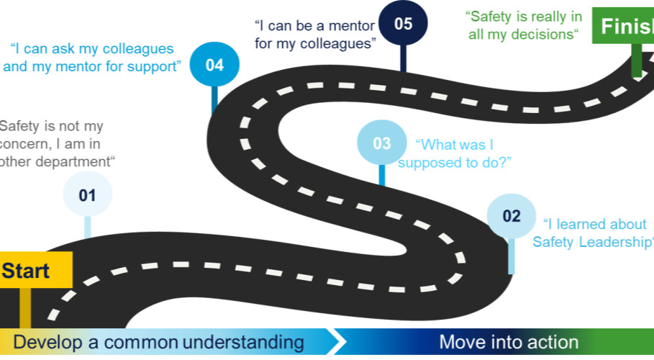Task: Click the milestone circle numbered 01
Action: pos(87,194)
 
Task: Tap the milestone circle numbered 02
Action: pos(511,215)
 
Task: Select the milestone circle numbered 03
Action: pos(381,143)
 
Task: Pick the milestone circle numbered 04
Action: pos(214,65)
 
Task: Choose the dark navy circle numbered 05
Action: pos(403,24)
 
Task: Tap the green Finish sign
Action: pos(623,27)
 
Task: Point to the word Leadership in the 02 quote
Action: pos(618,242)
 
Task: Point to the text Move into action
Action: pos(509,342)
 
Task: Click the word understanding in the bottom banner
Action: pos(242,342)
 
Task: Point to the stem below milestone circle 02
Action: pos(511,256)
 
